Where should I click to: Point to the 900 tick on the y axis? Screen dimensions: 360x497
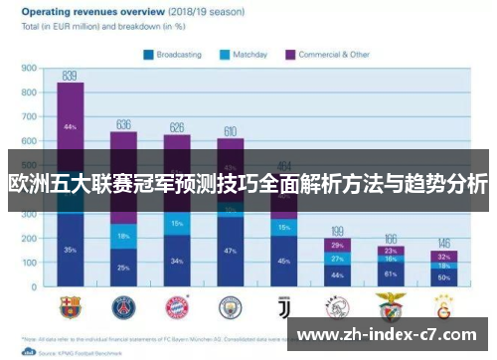pyautogui.click(x=29, y=70)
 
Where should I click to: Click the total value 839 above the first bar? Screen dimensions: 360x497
pyautogui.click(x=70, y=76)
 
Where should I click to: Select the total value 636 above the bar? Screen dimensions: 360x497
pyautogui.click(x=123, y=124)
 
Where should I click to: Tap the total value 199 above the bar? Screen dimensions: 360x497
pyautogui.click(x=337, y=231)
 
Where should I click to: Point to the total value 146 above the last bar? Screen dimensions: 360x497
pyautogui.click(x=444, y=244)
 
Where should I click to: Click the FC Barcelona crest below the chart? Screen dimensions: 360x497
pyautogui.click(x=70, y=305)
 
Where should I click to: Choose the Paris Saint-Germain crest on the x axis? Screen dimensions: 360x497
pyautogui.click(x=123, y=305)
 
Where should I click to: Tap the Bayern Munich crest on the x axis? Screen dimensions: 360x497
pyautogui.click(x=177, y=305)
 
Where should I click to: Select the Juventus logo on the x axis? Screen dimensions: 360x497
pyautogui.click(x=284, y=305)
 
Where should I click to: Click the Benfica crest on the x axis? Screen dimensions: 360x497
pyautogui.click(x=391, y=305)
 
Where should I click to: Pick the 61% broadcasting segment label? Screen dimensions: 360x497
pyautogui.click(x=391, y=273)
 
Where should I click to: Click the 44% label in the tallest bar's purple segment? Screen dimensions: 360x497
pyautogui.click(x=70, y=127)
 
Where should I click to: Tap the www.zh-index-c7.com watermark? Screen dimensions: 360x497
pyautogui.click(x=394, y=335)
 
